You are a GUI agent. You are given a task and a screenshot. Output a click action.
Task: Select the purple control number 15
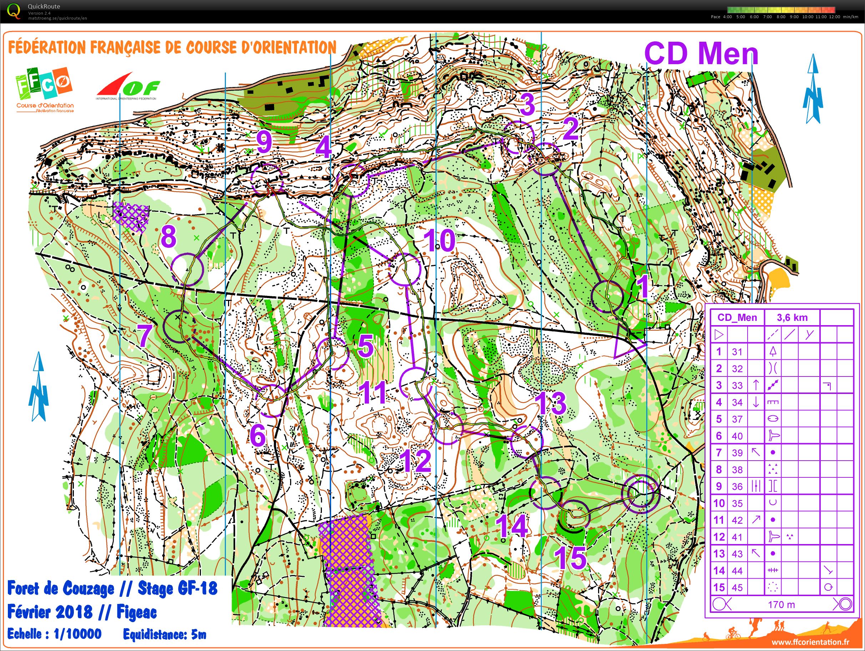coord(571,558)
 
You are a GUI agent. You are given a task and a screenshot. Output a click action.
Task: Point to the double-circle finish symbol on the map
coord(641,495)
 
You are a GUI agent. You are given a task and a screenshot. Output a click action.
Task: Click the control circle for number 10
coord(405,269)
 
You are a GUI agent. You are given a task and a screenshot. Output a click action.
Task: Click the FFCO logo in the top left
coord(44,89)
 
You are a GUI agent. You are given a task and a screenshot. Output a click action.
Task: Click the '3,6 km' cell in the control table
coord(792,318)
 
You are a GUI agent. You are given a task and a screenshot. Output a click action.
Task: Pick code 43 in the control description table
coord(737,554)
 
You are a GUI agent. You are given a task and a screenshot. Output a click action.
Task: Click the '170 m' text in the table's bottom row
coord(781,605)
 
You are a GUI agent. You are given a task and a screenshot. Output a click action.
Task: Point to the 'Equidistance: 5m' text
coord(165,635)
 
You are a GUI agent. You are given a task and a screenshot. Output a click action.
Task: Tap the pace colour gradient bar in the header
coord(781,10)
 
